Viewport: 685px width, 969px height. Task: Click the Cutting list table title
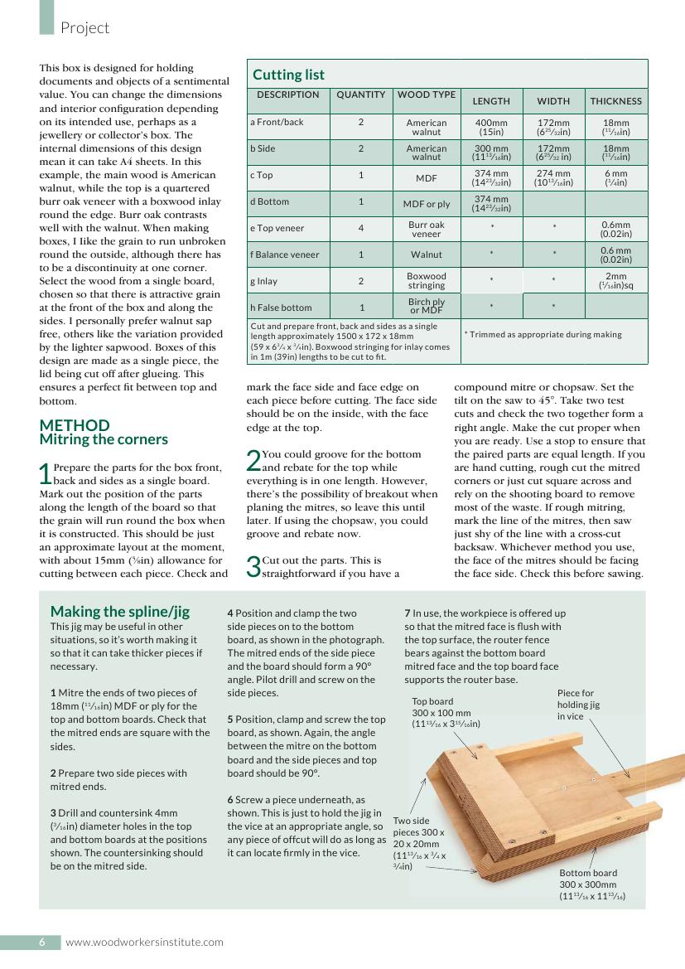pyautogui.click(x=288, y=75)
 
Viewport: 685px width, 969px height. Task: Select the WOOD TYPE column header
pyautogui.click(x=427, y=94)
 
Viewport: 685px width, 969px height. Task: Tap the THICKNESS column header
pyautogui.click(x=616, y=101)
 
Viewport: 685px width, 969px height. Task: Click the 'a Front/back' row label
pyautogui.click(x=277, y=122)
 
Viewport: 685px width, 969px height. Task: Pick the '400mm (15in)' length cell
pyautogui.click(x=491, y=127)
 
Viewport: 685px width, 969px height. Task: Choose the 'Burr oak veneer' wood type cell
pyautogui.click(x=427, y=229)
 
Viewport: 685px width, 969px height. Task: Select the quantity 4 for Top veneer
pyautogui.click(x=361, y=228)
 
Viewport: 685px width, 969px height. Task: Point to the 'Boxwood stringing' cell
pyautogui.click(x=427, y=280)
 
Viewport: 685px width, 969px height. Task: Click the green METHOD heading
pyautogui.click(x=75, y=425)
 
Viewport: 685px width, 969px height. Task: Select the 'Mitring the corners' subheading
pyautogui.click(x=104, y=439)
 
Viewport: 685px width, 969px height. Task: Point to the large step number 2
pyautogui.click(x=253, y=461)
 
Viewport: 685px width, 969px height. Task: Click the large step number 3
pyautogui.click(x=253, y=567)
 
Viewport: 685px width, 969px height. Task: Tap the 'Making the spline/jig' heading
pyautogui.click(x=120, y=612)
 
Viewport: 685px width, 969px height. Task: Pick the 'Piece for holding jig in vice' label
pyautogui.click(x=578, y=704)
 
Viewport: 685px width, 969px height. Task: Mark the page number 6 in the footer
pyautogui.click(x=41, y=942)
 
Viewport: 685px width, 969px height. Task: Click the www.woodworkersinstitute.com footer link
pyautogui.click(x=145, y=942)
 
